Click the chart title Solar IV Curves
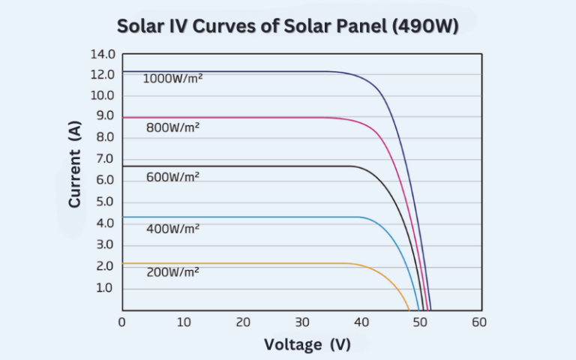pyautogui.click(x=288, y=25)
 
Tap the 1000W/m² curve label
pyautogui.click(x=172, y=78)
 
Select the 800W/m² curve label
pyautogui.click(x=172, y=127)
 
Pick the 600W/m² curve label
pyautogui.click(x=172, y=177)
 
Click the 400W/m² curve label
pyautogui.click(x=172, y=228)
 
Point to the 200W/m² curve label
pyautogui.click(x=172, y=272)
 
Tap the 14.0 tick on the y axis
pyautogui.click(x=102, y=55)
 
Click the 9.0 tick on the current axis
pyautogui.click(x=104, y=116)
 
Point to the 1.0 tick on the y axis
pyautogui.click(x=104, y=288)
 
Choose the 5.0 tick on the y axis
pyautogui.click(x=104, y=202)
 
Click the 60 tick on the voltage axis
pyautogui.click(x=479, y=322)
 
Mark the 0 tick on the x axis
pyautogui.click(x=122, y=322)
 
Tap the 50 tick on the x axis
pyautogui.click(x=421, y=322)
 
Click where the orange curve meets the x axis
pyautogui.click(x=409, y=309)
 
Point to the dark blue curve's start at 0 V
pyautogui.click(x=123, y=71)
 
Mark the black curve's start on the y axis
pyautogui.click(x=123, y=166)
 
